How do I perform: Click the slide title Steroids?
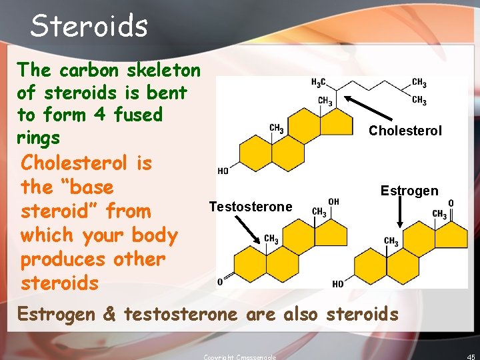click(x=89, y=26)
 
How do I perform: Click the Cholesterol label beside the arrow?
click(x=405, y=131)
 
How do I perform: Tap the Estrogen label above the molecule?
click(x=409, y=191)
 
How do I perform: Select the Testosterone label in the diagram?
click(x=251, y=207)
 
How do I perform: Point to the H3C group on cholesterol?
click(x=319, y=82)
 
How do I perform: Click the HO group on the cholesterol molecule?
click(x=223, y=171)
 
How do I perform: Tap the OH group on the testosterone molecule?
click(x=334, y=201)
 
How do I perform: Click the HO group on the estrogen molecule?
click(x=338, y=284)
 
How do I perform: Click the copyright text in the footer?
click(x=239, y=357)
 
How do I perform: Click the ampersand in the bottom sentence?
click(x=109, y=314)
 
